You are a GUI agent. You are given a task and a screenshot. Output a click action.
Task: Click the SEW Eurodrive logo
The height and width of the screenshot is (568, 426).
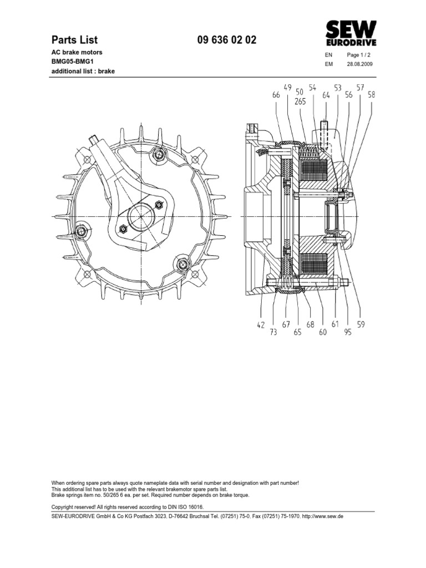351,34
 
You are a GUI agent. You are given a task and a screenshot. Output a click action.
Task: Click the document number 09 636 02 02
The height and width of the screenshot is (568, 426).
227,40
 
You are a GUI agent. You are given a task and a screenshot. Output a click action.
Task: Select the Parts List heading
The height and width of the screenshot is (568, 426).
74,40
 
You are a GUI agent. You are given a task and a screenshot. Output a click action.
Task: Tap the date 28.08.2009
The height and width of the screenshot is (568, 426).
360,64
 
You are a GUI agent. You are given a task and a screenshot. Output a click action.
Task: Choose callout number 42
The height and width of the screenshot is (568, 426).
261,326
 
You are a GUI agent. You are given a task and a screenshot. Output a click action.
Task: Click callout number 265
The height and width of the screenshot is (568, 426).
300,102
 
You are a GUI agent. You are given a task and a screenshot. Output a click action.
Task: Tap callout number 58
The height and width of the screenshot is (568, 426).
371,95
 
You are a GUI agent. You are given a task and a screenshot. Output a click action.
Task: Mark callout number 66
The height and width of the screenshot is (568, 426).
276,95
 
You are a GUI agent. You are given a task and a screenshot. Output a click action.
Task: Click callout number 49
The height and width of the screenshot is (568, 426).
287,87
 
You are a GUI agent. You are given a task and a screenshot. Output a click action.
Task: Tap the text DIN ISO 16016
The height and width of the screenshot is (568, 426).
186,507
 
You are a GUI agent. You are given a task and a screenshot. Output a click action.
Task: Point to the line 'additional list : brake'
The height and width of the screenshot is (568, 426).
83,72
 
